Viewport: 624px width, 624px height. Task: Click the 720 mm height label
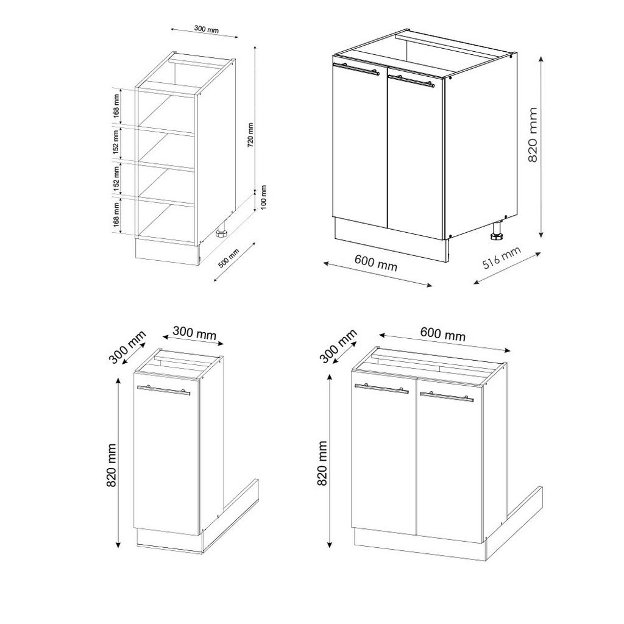[250, 135]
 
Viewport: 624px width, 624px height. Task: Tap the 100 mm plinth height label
[264, 197]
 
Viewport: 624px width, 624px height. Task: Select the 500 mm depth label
[229, 258]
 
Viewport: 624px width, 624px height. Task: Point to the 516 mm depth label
[502, 258]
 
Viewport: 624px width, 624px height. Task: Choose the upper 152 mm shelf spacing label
[116, 142]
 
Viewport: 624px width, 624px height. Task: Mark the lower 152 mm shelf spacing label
[116, 177]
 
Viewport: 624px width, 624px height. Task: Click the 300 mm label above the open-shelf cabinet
[207, 29]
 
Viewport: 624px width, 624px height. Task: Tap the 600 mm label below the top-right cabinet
[375, 263]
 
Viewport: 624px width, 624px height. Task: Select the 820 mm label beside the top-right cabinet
[533, 135]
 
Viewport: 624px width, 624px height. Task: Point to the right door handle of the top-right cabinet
[411, 80]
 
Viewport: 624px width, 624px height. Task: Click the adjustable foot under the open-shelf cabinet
[222, 233]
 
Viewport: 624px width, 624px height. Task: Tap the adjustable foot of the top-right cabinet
[497, 232]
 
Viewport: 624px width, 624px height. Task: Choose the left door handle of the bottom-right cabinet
[381, 388]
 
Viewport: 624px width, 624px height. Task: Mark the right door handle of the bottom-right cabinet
[447, 395]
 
